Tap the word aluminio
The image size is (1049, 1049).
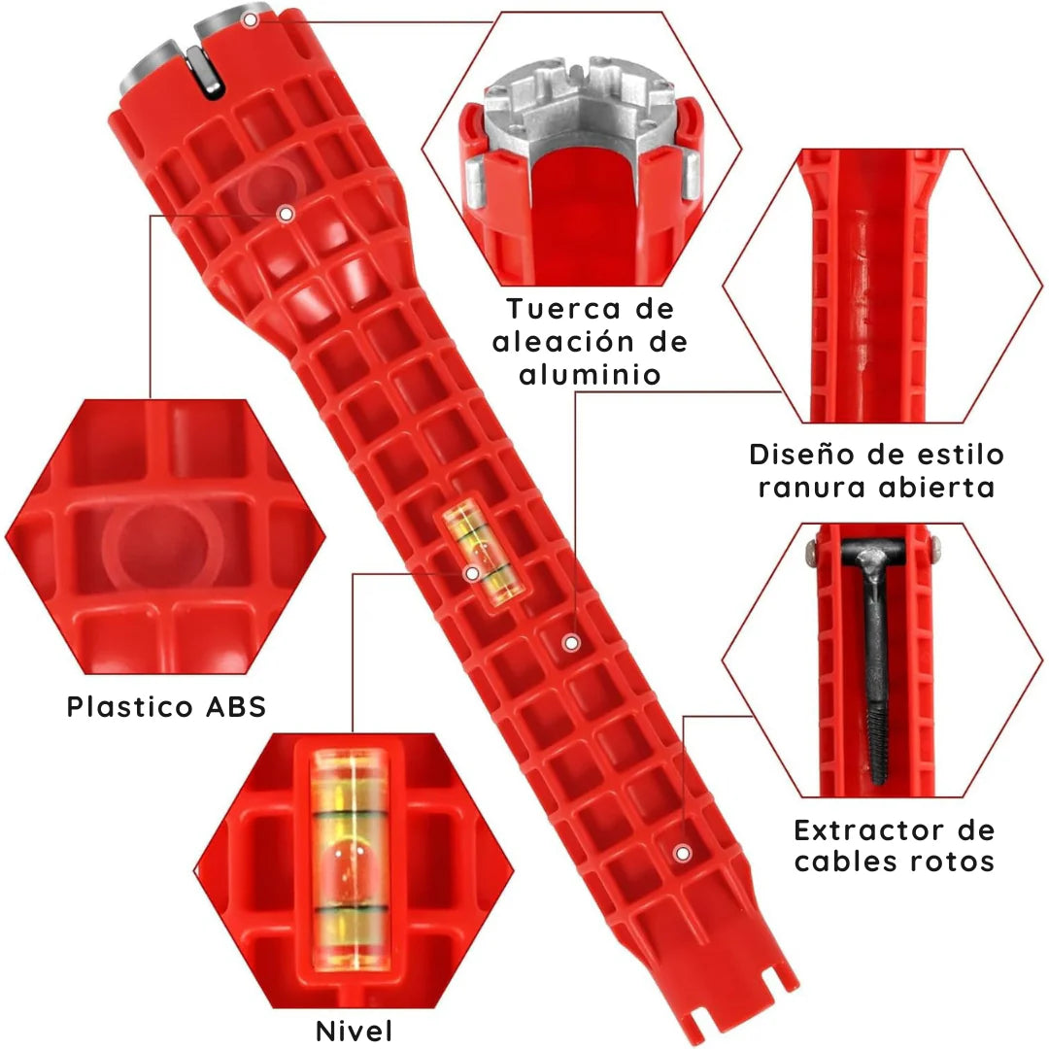[591, 375]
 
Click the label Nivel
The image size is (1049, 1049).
[354, 1031]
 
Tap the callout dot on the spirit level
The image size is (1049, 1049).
[472, 573]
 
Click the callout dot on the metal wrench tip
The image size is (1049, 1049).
[251, 20]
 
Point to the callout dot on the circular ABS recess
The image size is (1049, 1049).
[287, 214]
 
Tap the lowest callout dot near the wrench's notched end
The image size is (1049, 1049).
[683, 853]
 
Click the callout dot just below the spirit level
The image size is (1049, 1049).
[571, 643]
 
